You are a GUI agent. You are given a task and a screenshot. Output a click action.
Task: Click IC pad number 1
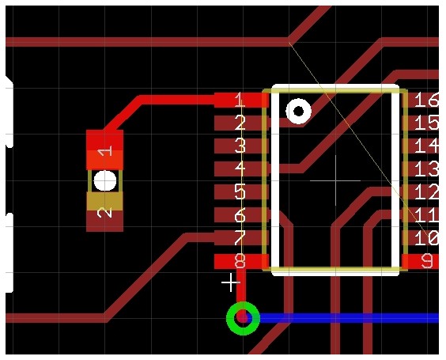tap(241, 100)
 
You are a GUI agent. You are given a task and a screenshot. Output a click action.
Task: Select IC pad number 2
tap(241, 123)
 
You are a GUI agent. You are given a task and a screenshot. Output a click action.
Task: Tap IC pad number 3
tap(241, 146)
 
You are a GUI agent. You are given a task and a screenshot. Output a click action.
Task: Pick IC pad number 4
tap(241, 169)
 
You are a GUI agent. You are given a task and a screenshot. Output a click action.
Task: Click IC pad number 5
tap(241, 191)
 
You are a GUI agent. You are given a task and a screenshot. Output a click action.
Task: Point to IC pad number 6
tap(241, 215)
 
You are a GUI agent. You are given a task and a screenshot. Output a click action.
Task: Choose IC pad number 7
tap(241, 238)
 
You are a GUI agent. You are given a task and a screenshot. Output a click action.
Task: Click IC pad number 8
tap(241, 261)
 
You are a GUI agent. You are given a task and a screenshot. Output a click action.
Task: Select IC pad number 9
tap(421, 261)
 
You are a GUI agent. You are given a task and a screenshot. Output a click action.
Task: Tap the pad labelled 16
tap(421, 100)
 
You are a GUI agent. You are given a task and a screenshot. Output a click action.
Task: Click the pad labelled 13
tap(421, 169)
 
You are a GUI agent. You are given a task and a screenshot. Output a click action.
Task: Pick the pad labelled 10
tap(421, 238)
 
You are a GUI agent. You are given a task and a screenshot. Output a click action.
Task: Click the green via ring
tap(244, 305)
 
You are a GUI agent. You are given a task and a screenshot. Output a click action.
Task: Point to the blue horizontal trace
tap(350, 318)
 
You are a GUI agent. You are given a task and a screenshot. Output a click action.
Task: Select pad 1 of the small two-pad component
tap(104, 150)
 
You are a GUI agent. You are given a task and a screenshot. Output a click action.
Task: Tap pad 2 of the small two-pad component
tap(104, 212)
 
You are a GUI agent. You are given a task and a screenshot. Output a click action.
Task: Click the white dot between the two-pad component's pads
tap(105, 180)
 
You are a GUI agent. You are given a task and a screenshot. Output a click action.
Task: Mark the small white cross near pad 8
tap(230, 282)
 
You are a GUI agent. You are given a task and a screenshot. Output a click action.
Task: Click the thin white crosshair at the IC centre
tap(335, 180)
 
